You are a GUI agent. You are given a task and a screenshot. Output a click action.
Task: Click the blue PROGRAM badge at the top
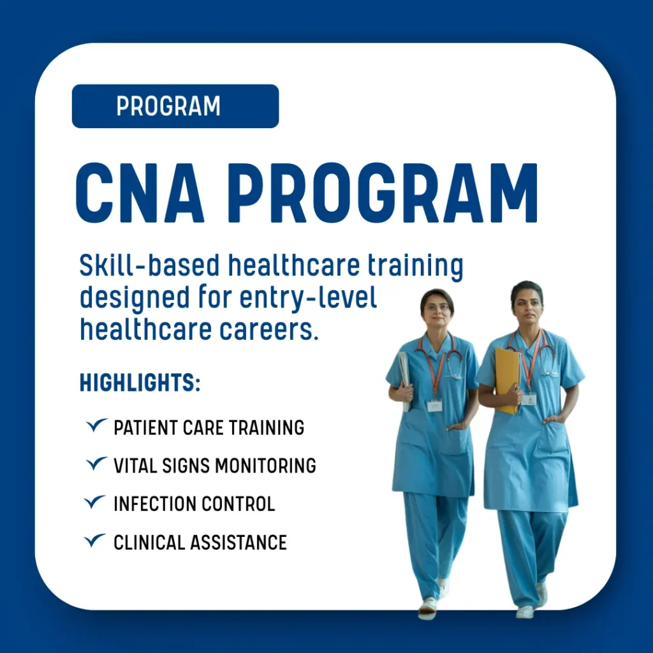(175, 106)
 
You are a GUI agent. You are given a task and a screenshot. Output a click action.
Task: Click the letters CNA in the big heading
(140, 193)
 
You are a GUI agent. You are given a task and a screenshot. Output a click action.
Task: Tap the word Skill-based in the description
(149, 265)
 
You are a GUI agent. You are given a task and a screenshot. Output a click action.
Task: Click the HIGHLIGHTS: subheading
(140, 383)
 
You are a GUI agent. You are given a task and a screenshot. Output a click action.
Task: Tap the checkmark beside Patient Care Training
(97, 425)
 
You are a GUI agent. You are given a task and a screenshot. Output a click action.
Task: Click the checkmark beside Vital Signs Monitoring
(97, 464)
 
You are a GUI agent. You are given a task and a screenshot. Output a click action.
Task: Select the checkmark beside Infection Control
(95, 502)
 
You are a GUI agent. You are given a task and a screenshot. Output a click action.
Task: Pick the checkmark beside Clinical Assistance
(95, 540)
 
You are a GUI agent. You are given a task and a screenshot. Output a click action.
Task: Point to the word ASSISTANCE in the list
(238, 543)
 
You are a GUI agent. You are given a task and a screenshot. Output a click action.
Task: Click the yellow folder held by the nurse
(507, 381)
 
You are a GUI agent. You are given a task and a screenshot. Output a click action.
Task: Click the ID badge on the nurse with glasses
(434, 405)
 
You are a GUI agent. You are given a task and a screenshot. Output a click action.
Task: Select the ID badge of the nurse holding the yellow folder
(529, 399)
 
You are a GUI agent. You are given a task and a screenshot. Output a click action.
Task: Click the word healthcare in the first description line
(293, 265)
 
